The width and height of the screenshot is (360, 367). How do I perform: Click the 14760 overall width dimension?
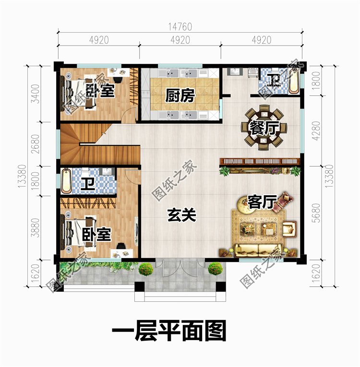[x=180, y=27]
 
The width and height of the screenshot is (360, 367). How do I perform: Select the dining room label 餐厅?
[x=264, y=128]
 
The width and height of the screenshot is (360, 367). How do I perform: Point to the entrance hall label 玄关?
[x=182, y=215]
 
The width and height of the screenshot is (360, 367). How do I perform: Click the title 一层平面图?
[x=168, y=331]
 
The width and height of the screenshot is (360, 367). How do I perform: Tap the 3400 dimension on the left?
[x=36, y=94]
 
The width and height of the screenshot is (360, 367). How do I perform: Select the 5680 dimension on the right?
[x=316, y=213]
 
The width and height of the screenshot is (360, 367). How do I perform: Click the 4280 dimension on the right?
[x=316, y=130]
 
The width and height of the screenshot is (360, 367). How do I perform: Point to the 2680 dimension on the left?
[x=36, y=144]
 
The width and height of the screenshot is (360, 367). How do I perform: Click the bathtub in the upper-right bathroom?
[x=294, y=82]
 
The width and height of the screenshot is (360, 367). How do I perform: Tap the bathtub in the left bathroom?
[x=66, y=181]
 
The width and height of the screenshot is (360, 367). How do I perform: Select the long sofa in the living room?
[x=258, y=250]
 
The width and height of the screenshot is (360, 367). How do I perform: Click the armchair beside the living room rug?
[x=289, y=228]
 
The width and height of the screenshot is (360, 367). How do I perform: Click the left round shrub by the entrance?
[x=146, y=269]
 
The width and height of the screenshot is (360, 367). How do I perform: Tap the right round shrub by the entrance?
[x=215, y=269]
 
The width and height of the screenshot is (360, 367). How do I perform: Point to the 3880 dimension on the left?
[x=36, y=227]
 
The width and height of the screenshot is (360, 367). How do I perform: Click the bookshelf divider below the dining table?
[x=260, y=161]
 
